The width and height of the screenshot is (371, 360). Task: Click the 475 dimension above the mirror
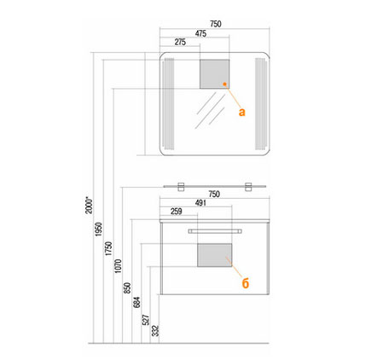(200, 33)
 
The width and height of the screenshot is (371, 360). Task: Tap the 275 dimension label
(180, 42)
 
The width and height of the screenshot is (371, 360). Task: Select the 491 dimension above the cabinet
(200, 203)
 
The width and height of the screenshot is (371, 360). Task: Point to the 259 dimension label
(177, 212)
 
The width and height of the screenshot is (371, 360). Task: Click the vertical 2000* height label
(89, 205)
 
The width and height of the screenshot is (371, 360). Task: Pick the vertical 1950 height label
(98, 229)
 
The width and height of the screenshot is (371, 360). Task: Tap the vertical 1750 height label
(108, 248)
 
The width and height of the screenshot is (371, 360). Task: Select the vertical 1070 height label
(118, 266)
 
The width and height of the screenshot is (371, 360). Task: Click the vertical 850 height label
(128, 287)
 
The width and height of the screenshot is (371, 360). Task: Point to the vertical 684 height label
(136, 302)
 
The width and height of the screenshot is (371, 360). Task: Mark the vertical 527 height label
(146, 320)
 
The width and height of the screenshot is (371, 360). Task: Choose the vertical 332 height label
(155, 331)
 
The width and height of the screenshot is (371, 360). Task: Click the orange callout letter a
(241, 112)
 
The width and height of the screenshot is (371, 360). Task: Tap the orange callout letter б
(246, 283)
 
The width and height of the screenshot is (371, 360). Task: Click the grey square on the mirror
(214, 74)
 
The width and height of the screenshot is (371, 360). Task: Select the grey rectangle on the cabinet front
(215, 255)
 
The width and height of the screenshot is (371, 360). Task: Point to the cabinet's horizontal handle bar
(215, 231)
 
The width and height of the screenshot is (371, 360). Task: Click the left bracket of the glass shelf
(182, 187)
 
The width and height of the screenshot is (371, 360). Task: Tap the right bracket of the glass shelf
(248, 187)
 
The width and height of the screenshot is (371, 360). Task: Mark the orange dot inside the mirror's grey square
(224, 84)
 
